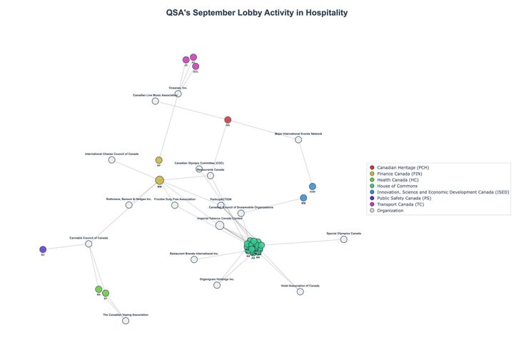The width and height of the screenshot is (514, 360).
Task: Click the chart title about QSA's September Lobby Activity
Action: (256, 13)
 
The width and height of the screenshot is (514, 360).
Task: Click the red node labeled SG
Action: (228, 120)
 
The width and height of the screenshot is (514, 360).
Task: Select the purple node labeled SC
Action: (43, 249)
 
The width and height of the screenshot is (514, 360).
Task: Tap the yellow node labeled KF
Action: (158, 161)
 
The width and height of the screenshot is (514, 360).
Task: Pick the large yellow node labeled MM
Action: (159, 180)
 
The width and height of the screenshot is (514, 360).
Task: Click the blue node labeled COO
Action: (312, 186)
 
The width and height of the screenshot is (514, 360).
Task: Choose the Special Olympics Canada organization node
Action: (343, 239)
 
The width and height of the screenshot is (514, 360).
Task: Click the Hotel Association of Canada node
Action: (300, 291)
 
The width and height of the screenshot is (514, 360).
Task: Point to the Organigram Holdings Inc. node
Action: (217, 285)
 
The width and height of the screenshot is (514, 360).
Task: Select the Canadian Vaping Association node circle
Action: (126, 321)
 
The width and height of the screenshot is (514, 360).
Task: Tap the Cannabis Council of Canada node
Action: (89, 244)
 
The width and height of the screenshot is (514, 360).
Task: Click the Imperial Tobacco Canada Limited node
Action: (220, 225)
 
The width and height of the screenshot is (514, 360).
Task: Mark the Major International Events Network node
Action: (298, 139)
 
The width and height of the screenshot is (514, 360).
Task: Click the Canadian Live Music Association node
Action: (155, 101)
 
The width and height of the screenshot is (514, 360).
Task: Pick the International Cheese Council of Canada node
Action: (111, 159)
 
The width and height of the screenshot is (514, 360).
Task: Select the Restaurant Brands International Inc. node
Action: (194, 259)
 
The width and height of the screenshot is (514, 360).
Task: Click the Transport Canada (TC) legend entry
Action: (404, 204)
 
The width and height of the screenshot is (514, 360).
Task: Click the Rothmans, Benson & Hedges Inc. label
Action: (128, 199)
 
